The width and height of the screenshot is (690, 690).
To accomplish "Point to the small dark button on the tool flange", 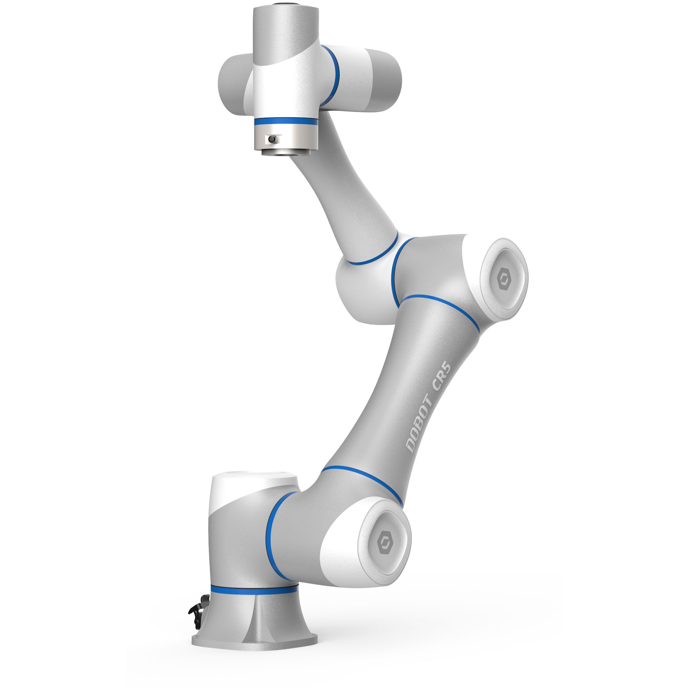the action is tap(272, 140).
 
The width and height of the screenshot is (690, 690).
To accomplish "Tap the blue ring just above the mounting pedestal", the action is tap(254, 589).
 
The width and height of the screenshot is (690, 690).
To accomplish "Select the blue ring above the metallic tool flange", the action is tap(285, 122).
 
